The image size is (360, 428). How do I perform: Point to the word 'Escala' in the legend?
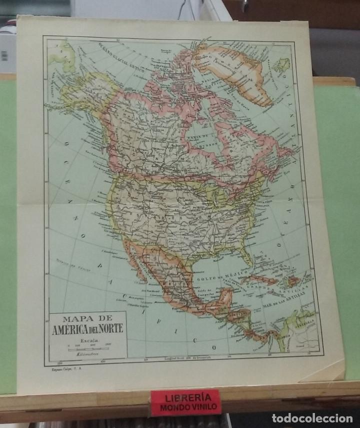click(x=87, y=340)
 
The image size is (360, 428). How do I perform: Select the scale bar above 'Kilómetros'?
click(x=88, y=347)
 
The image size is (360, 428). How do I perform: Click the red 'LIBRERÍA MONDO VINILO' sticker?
click(x=186, y=401)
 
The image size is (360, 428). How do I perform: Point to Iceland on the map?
click(x=282, y=65)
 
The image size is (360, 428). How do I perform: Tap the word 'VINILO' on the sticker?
click(x=202, y=407)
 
